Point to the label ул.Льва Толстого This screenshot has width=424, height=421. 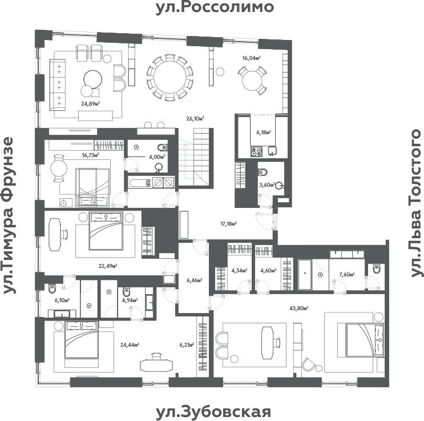pos(416,203)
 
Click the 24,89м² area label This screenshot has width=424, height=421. pos(91,103)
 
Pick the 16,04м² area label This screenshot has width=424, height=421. pos(251,58)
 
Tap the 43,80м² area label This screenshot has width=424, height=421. pos(298,308)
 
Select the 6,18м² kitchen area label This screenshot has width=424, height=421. pos(263,131)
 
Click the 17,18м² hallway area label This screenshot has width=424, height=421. pos(228,224)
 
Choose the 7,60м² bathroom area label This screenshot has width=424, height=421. pos(346,274)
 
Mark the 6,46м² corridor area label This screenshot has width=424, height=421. pos(195,280)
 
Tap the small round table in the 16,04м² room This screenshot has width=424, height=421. pos(252,80)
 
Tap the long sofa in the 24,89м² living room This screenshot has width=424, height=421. pos(59,85)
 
